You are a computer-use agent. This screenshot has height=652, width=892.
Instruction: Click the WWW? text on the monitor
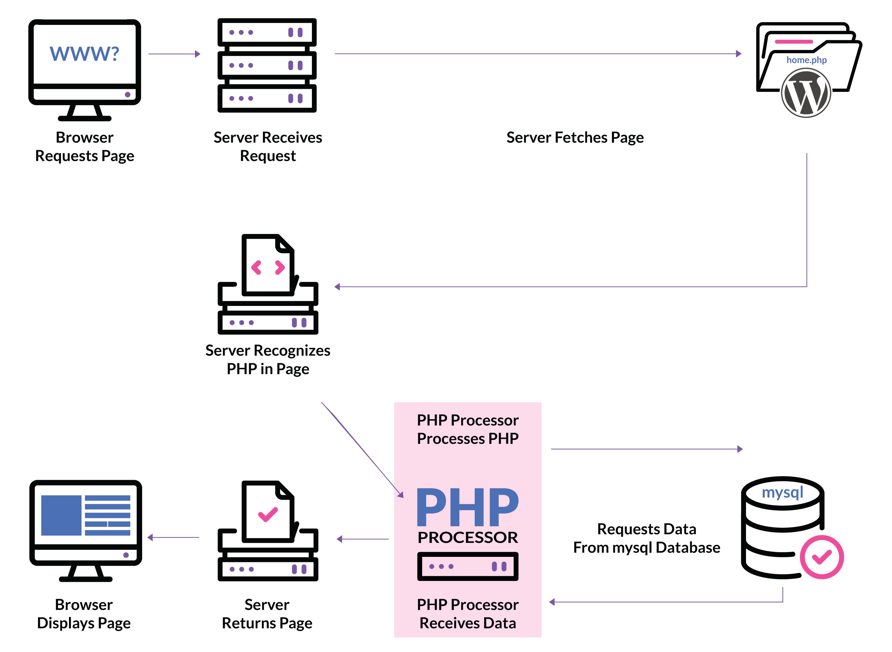84,54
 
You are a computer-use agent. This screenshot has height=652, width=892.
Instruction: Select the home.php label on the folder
806,60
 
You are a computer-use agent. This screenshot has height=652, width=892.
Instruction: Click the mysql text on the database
782,493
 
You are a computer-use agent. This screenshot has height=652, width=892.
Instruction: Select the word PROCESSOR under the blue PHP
467,538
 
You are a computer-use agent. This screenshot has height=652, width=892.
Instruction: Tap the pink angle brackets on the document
268,268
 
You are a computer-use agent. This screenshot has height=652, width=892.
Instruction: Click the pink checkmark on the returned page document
268,514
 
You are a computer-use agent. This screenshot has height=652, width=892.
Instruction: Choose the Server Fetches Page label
575,137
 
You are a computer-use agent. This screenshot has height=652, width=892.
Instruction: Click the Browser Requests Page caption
84,146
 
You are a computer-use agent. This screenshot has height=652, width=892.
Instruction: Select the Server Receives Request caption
268,146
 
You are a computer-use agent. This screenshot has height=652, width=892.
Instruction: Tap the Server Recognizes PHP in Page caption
268,359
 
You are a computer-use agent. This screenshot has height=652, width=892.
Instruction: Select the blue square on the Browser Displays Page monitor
61,516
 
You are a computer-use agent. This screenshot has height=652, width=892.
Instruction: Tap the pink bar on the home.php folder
793,41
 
